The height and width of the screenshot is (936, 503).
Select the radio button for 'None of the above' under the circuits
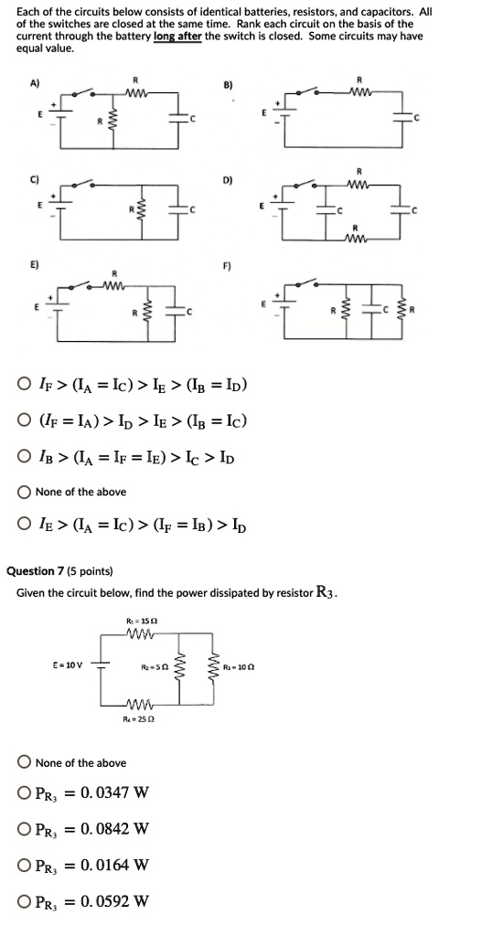coord(25,492)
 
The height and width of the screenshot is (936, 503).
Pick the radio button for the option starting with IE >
coord(25,526)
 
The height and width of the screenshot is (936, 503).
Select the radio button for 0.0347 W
coord(25,795)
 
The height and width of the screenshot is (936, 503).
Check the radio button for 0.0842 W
coord(25,830)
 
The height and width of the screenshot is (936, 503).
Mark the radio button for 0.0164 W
coord(25,865)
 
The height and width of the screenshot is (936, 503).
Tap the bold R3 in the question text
coord(327,593)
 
